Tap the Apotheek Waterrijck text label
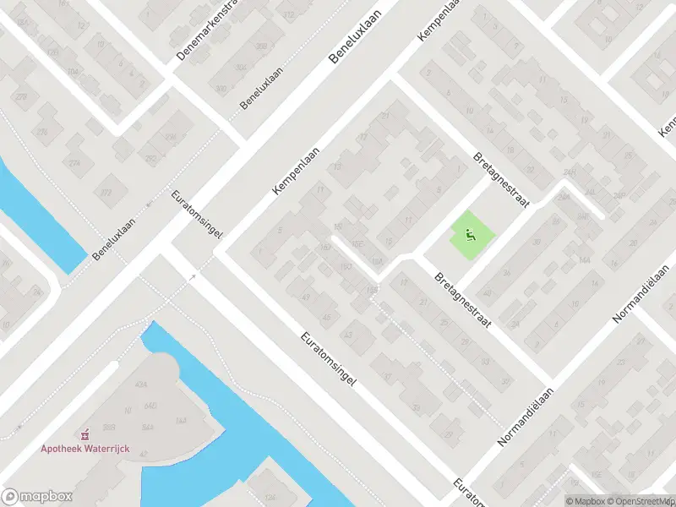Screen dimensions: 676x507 coord(84,449)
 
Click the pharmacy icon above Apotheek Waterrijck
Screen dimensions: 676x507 coord(84,435)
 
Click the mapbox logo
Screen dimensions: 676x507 coord(35,496)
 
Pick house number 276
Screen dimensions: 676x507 coord(42,131)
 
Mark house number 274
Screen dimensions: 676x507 coord(74,163)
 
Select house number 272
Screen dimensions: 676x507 coord(106,194)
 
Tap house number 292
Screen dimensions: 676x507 coord(151,158)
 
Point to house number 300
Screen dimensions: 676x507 coord(221,88)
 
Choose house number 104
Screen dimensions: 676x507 coord(74,72)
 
